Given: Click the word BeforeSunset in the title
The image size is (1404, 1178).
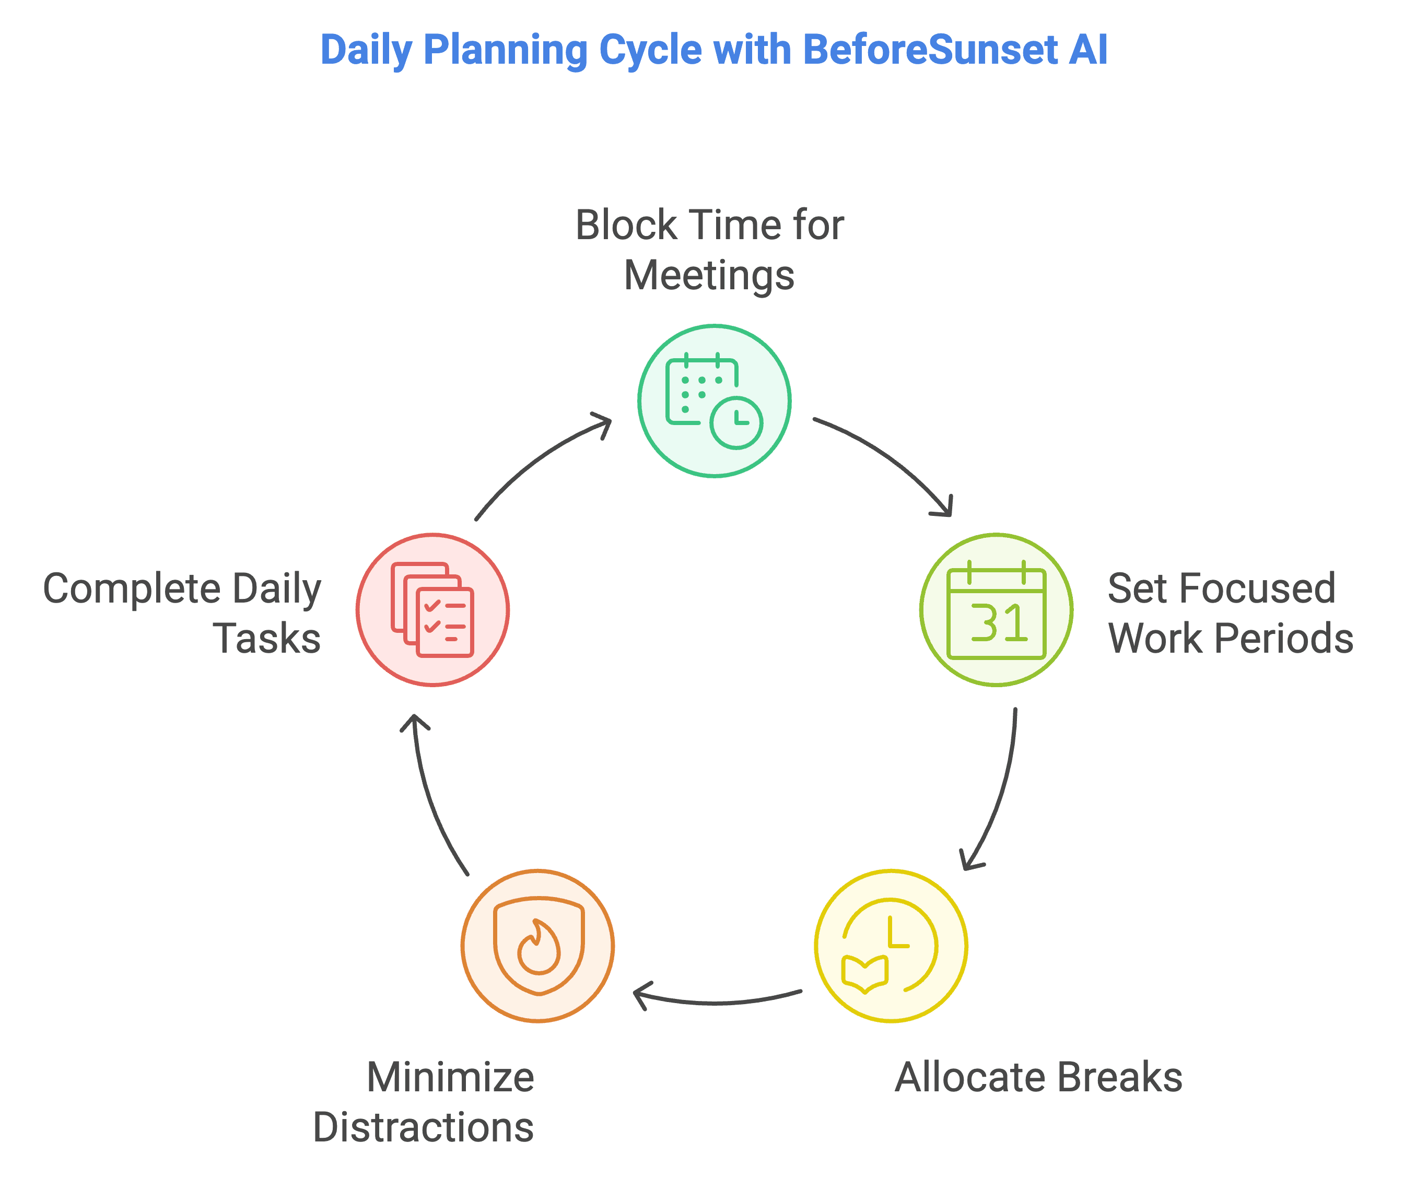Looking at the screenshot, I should coord(929,50).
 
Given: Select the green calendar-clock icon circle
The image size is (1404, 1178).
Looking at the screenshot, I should coord(714,401).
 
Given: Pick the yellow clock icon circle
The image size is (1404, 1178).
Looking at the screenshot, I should coord(891,946).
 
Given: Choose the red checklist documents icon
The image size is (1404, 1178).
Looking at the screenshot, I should coord(432,610).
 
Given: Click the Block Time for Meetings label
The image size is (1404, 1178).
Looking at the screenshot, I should coord(709,250).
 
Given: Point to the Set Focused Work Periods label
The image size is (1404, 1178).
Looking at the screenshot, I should coord(1230,613).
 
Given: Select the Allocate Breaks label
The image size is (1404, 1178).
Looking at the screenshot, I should coord(1038,1078).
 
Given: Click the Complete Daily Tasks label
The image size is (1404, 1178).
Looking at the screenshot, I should coord(182,613).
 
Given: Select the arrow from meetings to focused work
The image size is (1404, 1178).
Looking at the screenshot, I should coord(889,461).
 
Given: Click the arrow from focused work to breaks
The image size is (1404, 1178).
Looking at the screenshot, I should coord(1000,796).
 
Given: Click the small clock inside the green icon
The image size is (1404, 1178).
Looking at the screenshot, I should coord(736,423).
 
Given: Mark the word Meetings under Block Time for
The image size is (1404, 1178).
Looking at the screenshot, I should coord(709,276).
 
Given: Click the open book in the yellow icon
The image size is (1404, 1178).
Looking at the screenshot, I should coord(865,974).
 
